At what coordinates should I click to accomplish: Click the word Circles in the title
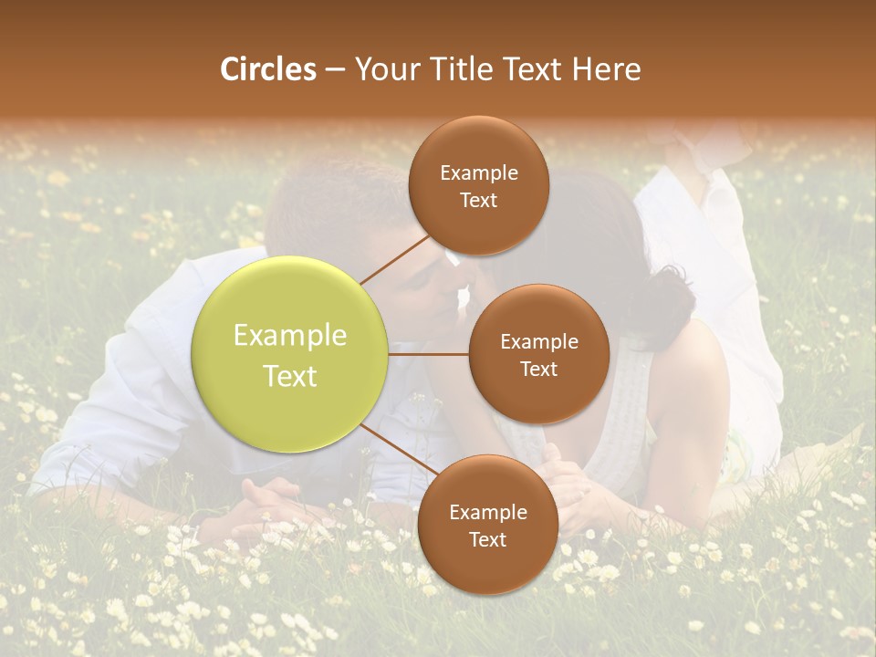click(x=267, y=69)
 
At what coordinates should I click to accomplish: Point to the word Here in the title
click(x=606, y=69)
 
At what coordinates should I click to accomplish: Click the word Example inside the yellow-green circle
click(x=289, y=336)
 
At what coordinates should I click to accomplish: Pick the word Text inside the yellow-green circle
click(x=289, y=376)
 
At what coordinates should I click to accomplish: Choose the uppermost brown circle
click(x=478, y=185)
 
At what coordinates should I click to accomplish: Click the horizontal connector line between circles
click(x=429, y=353)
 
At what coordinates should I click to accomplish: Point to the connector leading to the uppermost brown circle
click(x=394, y=259)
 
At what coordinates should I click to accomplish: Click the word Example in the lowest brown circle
click(x=487, y=513)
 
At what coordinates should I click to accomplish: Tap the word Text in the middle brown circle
click(x=538, y=369)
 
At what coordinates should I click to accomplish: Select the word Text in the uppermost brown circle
click(x=478, y=201)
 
